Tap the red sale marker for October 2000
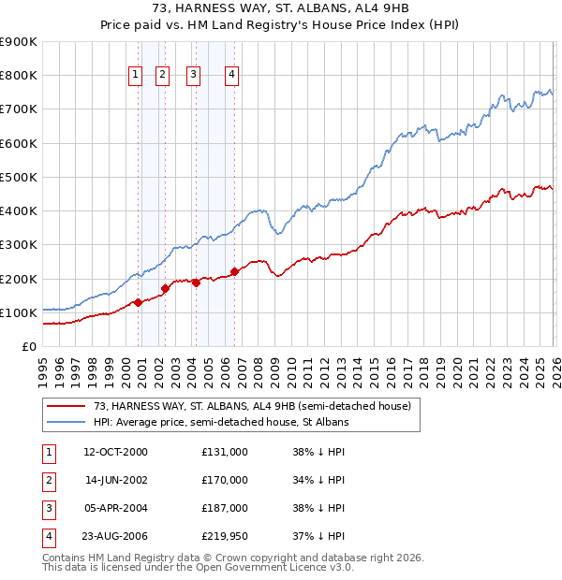[x=138, y=302]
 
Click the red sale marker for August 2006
[x=234, y=272]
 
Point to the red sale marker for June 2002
[x=165, y=288]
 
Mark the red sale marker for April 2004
[x=195, y=283]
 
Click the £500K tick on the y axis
[x=19, y=177]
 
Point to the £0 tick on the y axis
[x=28, y=346]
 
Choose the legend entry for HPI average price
[x=221, y=423]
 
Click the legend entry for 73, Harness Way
[x=251, y=406]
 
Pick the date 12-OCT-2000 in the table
[x=115, y=451]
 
